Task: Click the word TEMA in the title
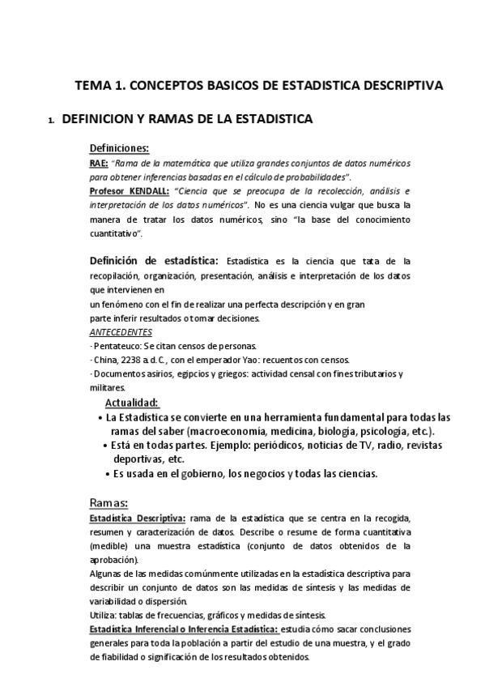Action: (91, 84)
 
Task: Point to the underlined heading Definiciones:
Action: (119, 148)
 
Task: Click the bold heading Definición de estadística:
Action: (154, 261)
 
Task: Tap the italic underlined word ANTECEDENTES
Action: (120, 332)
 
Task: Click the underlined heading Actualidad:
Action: (132, 403)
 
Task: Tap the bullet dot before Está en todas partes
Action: (108, 446)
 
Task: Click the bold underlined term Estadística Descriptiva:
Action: (138, 518)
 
